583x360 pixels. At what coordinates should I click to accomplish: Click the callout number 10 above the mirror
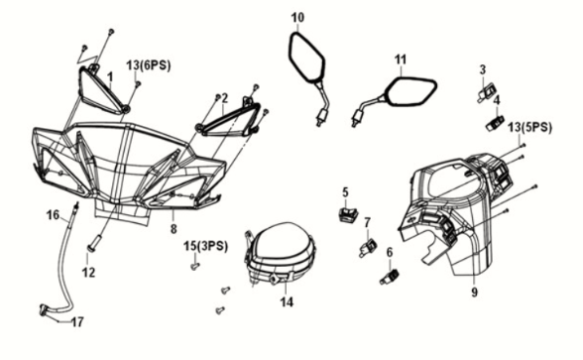point(297,18)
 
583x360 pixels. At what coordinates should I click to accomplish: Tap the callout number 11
point(401,60)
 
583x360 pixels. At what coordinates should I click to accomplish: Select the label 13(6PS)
point(149,65)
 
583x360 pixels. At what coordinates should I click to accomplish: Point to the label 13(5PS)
point(529,128)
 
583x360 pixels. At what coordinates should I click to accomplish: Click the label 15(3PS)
point(205,246)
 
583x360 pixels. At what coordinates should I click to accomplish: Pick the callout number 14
point(287,301)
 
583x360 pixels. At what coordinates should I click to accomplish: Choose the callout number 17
point(77,322)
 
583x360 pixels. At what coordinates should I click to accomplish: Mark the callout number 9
point(474,293)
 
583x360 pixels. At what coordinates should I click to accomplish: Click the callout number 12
point(88,273)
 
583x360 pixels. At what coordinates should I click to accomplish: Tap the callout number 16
point(53,214)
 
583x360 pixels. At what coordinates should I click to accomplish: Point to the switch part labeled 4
point(495,123)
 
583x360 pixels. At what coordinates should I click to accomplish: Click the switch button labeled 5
point(347,214)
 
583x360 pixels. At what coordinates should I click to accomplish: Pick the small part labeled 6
point(390,277)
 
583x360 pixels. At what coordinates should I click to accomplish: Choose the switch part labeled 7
point(368,247)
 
